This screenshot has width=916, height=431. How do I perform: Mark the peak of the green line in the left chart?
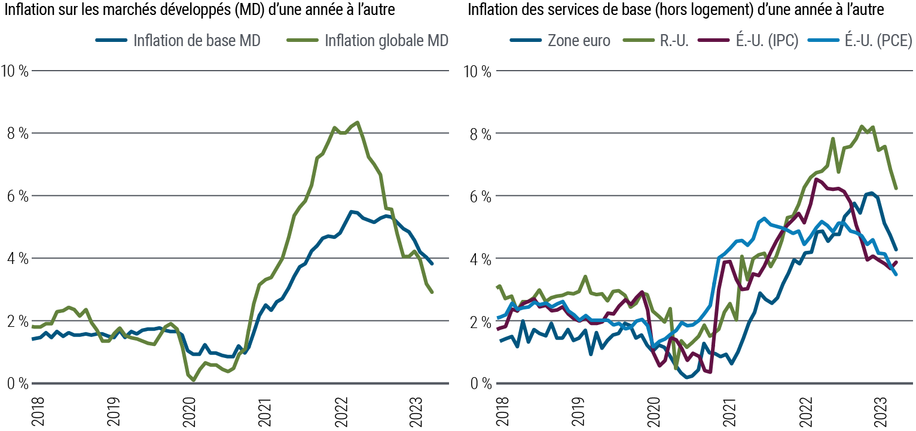(x=357, y=122)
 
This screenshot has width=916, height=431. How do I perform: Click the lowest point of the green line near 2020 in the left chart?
(x=194, y=381)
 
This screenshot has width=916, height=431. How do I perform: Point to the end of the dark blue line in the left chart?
(x=432, y=263)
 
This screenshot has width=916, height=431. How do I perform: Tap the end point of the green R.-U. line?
(x=896, y=188)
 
